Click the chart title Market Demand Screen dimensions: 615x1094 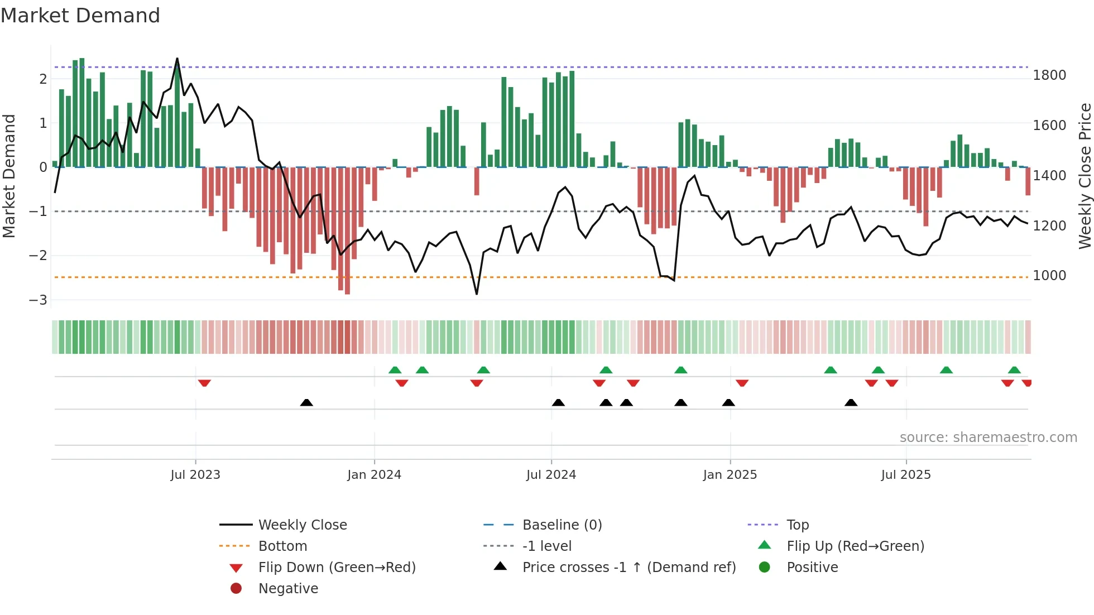pyautogui.click(x=80, y=16)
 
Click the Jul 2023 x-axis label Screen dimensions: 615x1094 pyautogui.click(x=195, y=475)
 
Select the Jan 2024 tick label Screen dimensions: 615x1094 pyautogui.click(x=374, y=475)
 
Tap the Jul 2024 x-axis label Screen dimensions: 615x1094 pyautogui.click(x=551, y=475)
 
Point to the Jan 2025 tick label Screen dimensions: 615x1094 pyautogui.click(x=730, y=475)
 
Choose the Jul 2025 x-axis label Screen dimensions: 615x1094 pyautogui.click(x=906, y=475)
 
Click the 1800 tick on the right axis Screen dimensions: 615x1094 pyautogui.click(x=1049, y=75)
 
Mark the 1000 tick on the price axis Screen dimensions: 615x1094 pyautogui.click(x=1049, y=276)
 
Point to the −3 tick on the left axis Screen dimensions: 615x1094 pyautogui.click(x=39, y=300)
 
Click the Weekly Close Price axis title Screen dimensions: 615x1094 pyautogui.click(x=1085, y=176)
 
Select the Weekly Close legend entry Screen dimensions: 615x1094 pyautogui.click(x=302, y=525)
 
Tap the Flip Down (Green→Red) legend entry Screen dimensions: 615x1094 pyautogui.click(x=337, y=568)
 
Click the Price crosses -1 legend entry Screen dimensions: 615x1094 pyautogui.click(x=628, y=568)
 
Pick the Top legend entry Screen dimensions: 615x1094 pyautogui.click(x=797, y=525)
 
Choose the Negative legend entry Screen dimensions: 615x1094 pyautogui.click(x=288, y=589)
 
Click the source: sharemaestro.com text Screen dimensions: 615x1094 pyautogui.click(x=988, y=438)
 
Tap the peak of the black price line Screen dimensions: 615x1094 pyautogui.click(x=177, y=59)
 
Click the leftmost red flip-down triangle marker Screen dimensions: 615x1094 pyautogui.click(x=204, y=383)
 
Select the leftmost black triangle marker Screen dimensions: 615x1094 pyautogui.click(x=306, y=402)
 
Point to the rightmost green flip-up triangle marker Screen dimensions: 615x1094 pyautogui.click(x=1014, y=370)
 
